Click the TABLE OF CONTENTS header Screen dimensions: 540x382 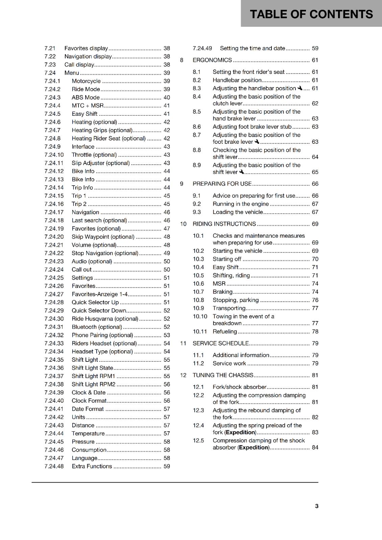coord(311,14)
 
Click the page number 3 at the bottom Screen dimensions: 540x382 coord(316,506)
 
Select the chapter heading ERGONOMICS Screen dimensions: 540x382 coord(212,60)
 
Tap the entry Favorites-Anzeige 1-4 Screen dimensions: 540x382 coord(100,294)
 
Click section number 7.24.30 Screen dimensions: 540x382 coord(54,319)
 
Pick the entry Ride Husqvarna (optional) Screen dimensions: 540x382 coord(105,319)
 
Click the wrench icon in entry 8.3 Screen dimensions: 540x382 coord(300,88)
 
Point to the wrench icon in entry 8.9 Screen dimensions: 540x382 coord(241,172)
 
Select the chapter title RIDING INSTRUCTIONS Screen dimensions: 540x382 coord(224,224)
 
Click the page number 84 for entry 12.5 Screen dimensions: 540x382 coord(315,448)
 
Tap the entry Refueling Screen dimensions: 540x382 coord(224,331)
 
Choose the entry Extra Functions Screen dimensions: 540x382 coord(92,466)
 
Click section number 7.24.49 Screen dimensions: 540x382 coord(202,48)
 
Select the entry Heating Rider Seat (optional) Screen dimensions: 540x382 coord(109,138)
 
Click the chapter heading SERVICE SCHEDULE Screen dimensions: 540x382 coord(220,343)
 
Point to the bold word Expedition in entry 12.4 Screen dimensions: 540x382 coord(241,432)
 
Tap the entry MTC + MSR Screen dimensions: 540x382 coord(88,106)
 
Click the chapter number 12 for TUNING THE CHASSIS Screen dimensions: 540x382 coord(183,375)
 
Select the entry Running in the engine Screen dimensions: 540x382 coord(240,204)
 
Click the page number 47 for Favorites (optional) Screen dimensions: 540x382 coord(167,228)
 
